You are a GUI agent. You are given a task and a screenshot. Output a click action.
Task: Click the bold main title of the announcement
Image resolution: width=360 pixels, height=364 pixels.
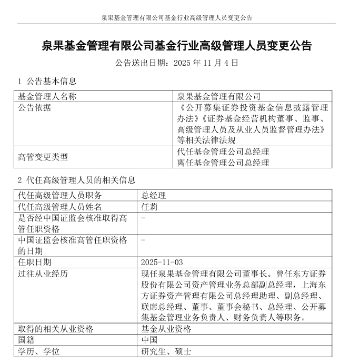pyautogui.click(x=176, y=46)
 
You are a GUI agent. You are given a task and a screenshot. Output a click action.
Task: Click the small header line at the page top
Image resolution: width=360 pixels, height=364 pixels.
pyautogui.click(x=177, y=17)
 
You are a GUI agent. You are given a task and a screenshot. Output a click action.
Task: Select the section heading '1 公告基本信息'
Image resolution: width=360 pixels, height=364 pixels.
pyautogui.click(x=47, y=81)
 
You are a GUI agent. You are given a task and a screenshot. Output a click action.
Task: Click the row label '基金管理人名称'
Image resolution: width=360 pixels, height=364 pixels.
pyautogui.click(x=47, y=97)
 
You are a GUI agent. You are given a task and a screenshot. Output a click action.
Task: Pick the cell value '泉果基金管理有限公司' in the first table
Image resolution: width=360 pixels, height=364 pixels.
pyautogui.click(x=219, y=97)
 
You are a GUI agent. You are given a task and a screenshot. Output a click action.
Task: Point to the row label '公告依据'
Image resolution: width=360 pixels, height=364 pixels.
pyautogui.click(x=35, y=108)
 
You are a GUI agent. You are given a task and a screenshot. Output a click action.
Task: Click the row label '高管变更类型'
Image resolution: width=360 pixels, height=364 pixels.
pyautogui.click(x=43, y=157)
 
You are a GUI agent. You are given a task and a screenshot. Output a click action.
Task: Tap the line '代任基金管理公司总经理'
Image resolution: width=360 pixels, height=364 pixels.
pyautogui.click(x=224, y=151)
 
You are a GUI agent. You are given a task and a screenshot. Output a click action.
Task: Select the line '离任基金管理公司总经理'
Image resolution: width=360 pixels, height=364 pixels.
pyautogui.click(x=224, y=163)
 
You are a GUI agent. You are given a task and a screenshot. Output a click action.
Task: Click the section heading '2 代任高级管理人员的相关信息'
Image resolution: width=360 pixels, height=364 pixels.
pyautogui.click(x=76, y=180)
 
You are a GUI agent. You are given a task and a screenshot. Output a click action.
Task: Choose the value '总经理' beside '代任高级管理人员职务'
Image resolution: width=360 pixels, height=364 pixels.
pyautogui.click(x=154, y=196)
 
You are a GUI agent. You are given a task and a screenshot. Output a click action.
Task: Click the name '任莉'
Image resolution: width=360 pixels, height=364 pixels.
pyautogui.click(x=149, y=207)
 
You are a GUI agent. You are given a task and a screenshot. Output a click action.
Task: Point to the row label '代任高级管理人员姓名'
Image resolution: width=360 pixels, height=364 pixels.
pyautogui.click(x=59, y=207)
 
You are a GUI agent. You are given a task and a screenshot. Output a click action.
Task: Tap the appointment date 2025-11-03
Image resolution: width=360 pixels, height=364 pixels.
pyautogui.click(x=162, y=262)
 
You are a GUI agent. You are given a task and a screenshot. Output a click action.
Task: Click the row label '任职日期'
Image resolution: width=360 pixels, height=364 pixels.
pyautogui.click(x=35, y=262)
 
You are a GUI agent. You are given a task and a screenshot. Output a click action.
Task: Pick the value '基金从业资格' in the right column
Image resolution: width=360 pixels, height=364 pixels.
pyautogui.click(x=166, y=329)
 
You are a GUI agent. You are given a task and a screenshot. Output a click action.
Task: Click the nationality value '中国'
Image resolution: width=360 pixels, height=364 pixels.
pyautogui.click(x=149, y=340)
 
